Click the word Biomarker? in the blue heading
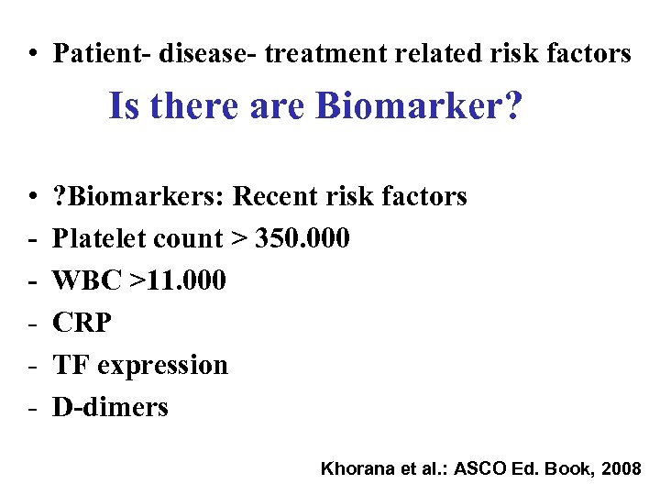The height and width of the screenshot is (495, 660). coord(418,106)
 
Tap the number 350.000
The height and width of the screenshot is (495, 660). coord(303,238)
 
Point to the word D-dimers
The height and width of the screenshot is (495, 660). coord(110,406)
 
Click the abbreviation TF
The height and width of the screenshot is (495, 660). coord(71,365)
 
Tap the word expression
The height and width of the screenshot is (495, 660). coord(162,365)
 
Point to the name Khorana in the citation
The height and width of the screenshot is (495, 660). coord(354,468)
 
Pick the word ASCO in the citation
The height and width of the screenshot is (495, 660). coord(477,468)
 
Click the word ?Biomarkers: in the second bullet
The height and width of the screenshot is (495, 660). coord(138,196)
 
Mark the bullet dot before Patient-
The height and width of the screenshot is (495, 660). coord(32,54)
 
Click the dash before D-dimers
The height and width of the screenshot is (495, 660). coord(32,406)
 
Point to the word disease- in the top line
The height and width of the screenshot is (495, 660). coord(208,53)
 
